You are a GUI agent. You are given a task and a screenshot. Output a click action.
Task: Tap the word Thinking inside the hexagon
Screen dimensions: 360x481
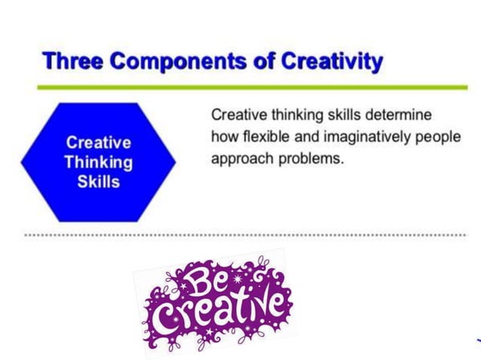pyautogui.click(x=98, y=162)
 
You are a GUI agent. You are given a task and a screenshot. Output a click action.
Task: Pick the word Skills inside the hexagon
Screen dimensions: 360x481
pyautogui.click(x=98, y=182)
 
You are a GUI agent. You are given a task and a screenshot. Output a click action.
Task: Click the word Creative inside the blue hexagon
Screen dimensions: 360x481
pyautogui.click(x=98, y=142)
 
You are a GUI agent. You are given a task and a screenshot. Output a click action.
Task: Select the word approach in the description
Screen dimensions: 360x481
pyautogui.click(x=237, y=160)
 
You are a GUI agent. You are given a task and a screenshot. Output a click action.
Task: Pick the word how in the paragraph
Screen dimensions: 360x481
pyautogui.click(x=222, y=139)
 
